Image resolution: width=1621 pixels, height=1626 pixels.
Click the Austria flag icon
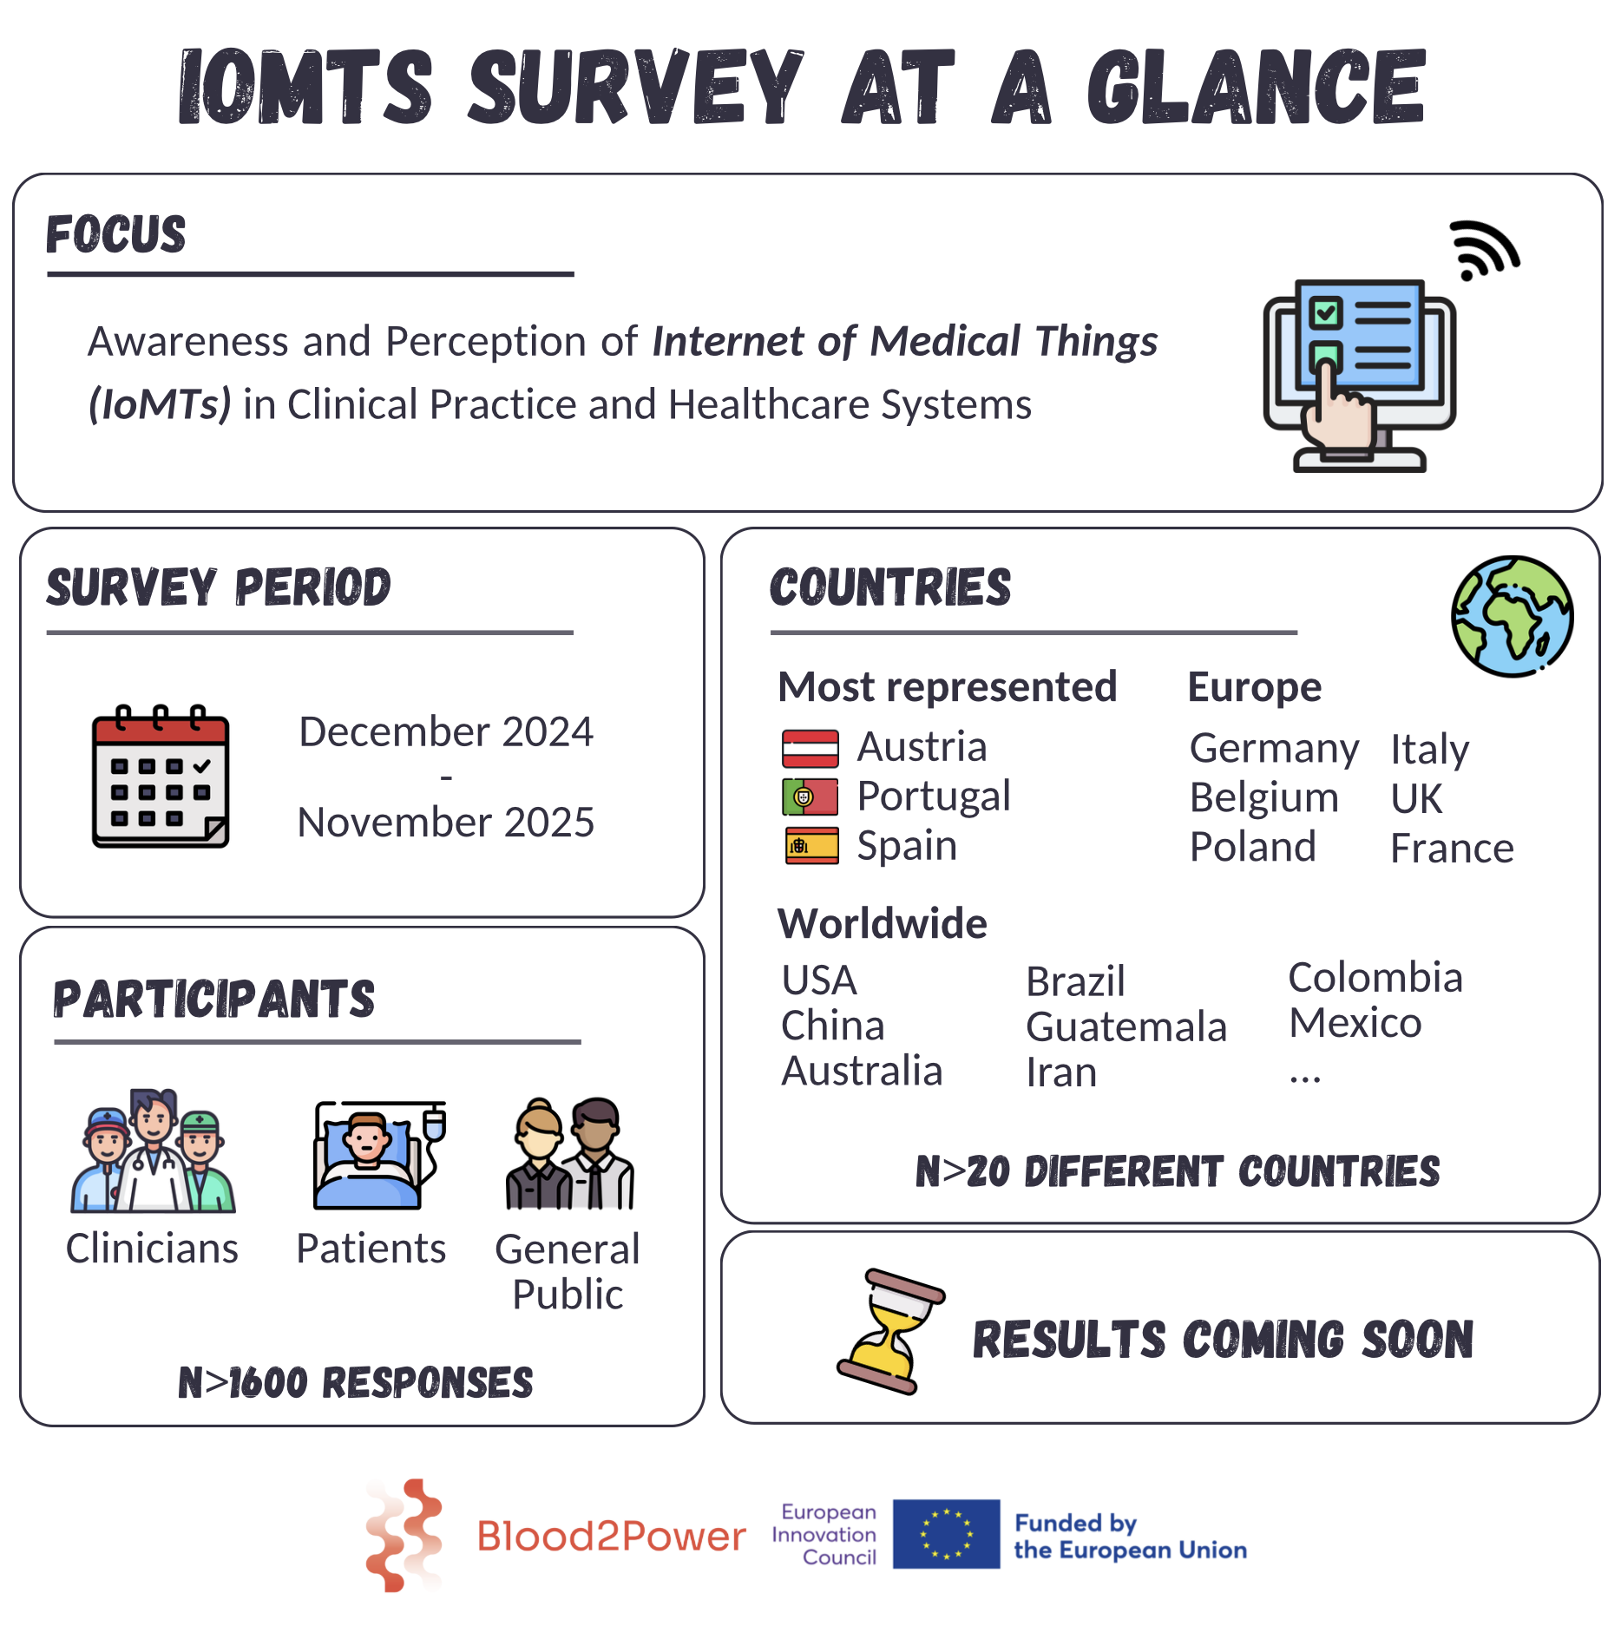tap(810, 748)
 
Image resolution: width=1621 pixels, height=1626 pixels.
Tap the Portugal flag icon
tap(810, 797)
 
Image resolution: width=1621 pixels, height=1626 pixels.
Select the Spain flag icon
tap(811, 846)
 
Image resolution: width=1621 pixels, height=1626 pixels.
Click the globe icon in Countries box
tap(1512, 616)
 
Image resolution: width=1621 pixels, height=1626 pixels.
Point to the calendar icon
tap(161, 776)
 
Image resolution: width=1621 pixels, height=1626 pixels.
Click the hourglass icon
tap(889, 1331)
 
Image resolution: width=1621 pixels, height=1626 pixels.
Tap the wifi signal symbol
tap(1485, 251)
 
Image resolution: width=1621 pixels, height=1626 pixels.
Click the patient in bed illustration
tap(378, 1154)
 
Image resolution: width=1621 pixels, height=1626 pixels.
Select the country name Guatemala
tap(1126, 1027)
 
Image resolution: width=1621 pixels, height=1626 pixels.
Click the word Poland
tap(1252, 847)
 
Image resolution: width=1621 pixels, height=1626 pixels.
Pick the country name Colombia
tap(1375, 978)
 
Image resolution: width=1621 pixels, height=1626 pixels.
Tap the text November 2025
tap(445, 823)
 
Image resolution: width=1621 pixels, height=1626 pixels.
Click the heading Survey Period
tap(219, 587)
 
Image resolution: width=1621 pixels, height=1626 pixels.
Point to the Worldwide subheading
tap(882, 923)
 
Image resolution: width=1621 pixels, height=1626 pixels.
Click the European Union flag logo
tap(946, 1534)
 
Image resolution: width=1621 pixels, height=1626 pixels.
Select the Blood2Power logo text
tap(610, 1536)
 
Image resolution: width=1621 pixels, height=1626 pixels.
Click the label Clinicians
tap(152, 1249)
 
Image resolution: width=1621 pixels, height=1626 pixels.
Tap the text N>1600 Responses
tap(355, 1382)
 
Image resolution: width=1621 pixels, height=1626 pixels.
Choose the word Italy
tap(1429, 750)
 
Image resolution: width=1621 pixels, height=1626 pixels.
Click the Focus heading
tap(115, 234)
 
